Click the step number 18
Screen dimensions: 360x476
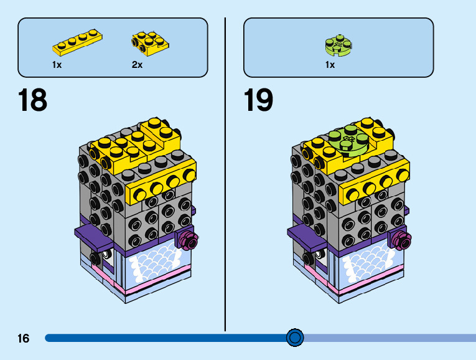click(33, 100)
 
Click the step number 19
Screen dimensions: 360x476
click(258, 100)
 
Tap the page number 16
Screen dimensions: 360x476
click(24, 338)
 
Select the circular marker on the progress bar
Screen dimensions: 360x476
click(295, 338)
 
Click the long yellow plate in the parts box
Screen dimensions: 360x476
click(78, 42)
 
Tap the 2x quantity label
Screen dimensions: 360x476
click(137, 65)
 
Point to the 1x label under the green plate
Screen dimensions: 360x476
click(330, 65)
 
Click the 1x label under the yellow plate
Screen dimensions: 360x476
click(57, 65)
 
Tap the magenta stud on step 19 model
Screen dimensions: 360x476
click(399, 237)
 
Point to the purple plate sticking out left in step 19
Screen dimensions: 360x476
click(305, 235)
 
